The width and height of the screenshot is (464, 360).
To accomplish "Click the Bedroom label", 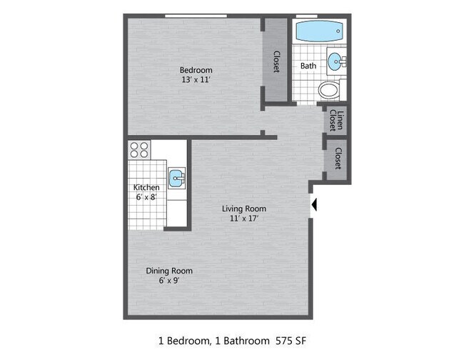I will click(196, 69).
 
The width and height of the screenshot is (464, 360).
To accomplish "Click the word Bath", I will click(308, 66).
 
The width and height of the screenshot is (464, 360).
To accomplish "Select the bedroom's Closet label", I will click(276, 61).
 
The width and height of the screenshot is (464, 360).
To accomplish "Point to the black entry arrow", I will click(315, 206).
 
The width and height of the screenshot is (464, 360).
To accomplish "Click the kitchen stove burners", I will click(140, 150).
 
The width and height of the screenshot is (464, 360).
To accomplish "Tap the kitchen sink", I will click(177, 176).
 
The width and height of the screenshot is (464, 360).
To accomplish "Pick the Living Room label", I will click(244, 209).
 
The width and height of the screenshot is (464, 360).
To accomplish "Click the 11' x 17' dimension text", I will click(244, 219).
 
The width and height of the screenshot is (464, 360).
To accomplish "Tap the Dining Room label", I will click(169, 271).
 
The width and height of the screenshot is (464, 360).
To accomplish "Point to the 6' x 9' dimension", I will click(169, 281).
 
